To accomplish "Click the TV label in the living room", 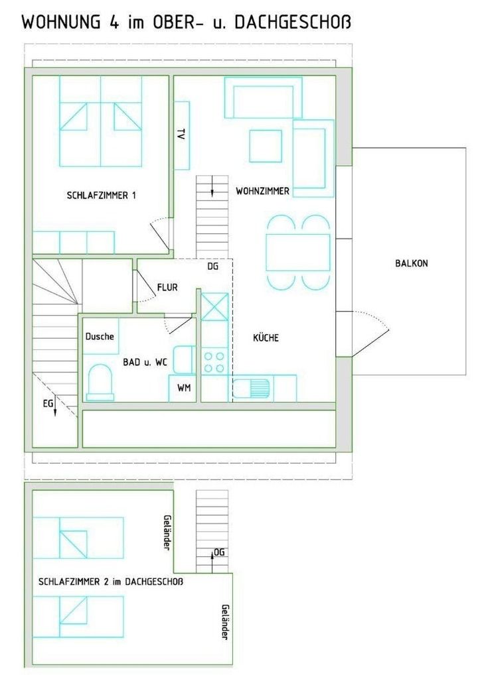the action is pos(181,134).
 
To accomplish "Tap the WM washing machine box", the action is pos(183,389).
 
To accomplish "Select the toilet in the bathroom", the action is pos(100,383).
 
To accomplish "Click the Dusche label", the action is pos(100,336).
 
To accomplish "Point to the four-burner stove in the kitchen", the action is pos(214,361).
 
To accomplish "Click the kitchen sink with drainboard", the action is pos(252,389).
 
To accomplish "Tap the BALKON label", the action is pos(412,263).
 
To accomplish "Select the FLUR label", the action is pos(167,287).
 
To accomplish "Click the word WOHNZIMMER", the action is pos(262,191).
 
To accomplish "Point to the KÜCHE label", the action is pos(266,337).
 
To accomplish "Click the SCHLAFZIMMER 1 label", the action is pos(102,196).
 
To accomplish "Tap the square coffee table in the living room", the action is pos(266,146).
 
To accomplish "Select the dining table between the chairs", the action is pos(298,252).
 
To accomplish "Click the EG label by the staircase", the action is pos(48,404).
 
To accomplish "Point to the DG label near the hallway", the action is pos(213,267).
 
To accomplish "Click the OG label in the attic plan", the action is pos(219,552).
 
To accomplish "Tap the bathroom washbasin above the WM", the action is pos(185,359).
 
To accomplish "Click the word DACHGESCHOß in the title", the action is pos(293,21).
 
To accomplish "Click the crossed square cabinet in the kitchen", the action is pos(214,306).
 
